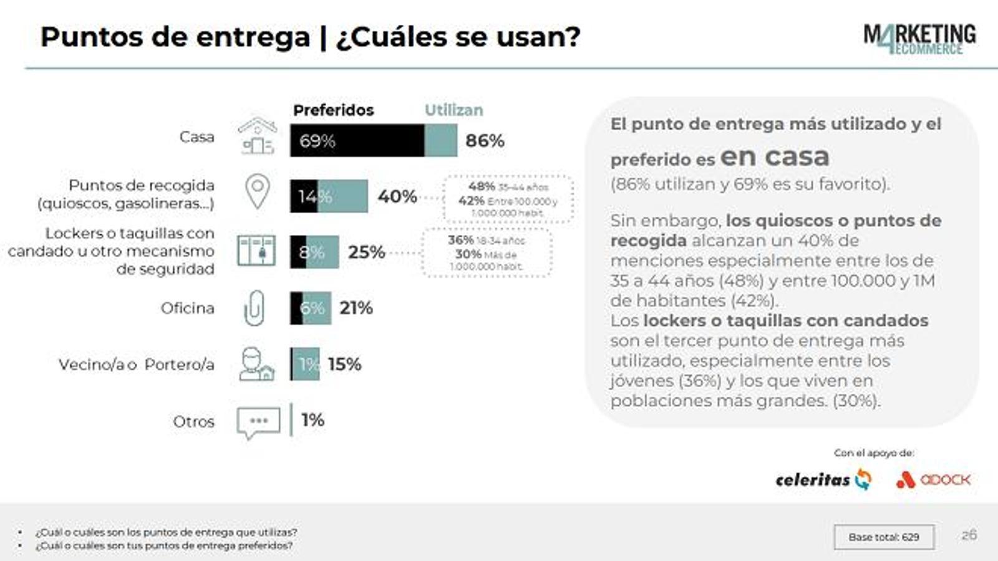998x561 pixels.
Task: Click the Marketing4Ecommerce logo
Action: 919,39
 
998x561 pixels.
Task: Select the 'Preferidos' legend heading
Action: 333,110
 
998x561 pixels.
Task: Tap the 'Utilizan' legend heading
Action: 453,110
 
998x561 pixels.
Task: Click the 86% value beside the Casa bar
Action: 485,141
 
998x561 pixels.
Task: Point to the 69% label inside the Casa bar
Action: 317,141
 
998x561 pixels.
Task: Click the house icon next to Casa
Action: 257,135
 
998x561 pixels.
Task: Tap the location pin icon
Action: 257,191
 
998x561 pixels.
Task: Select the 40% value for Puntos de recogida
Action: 397,196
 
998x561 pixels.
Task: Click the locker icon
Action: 256,251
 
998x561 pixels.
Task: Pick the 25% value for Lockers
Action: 366,252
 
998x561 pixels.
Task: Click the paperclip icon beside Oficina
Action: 254,308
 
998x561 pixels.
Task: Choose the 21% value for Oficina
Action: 356,308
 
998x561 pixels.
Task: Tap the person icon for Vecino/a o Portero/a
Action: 256,364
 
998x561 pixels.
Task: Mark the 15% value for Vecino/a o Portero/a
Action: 344,364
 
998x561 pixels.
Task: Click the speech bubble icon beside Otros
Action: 258,423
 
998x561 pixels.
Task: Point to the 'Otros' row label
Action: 193,421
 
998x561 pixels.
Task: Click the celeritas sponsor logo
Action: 823,479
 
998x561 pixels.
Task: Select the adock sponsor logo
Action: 933,479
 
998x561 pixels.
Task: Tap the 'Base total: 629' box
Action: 883,537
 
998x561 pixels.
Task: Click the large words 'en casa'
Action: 775,156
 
